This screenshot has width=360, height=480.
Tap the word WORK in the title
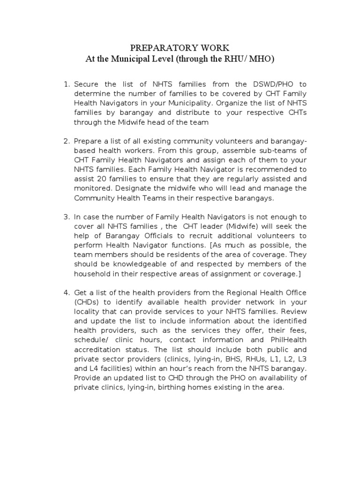pyautogui.click(x=216, y=48)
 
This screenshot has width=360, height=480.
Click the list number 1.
pyautogui.click(x=66, y=84)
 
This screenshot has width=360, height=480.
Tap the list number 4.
pyautogui.click(x=66, y=292)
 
